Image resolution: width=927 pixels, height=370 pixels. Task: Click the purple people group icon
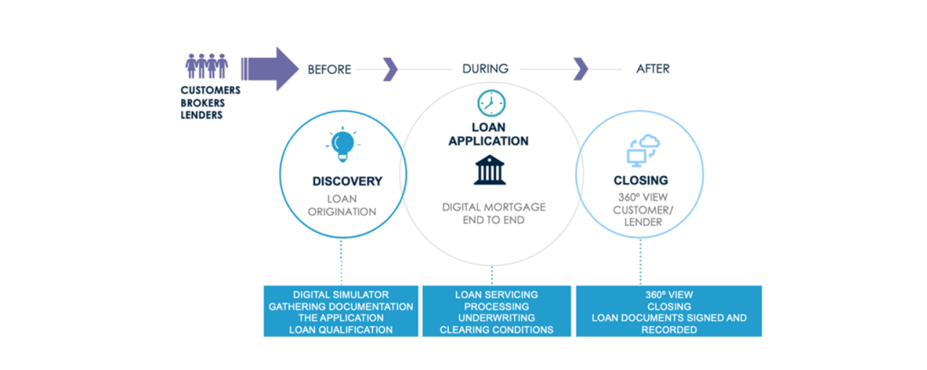[x=206, y=66]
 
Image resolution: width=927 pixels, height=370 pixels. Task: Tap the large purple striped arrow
[x=269, y=69]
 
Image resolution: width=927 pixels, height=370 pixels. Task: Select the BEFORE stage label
[x=330, y=70]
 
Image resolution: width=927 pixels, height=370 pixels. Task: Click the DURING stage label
[x=485, y=69]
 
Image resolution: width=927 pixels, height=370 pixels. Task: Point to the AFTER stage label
[x=653, y=69]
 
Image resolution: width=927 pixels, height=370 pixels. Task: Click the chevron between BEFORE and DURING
[x=390, y=69]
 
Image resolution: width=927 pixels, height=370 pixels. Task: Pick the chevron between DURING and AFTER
[x=581, y=69]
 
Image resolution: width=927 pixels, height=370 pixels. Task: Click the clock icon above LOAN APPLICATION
[x=490, y=104]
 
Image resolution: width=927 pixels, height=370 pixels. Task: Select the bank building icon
[x=490, y=170]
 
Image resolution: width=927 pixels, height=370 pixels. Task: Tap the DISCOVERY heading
[x=347, y=181]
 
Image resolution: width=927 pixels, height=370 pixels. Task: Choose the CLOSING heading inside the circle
[x=640, y=180]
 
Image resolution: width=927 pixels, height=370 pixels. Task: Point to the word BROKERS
[x=203, y=103]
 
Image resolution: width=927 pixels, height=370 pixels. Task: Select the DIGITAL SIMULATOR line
[x=340, y=295]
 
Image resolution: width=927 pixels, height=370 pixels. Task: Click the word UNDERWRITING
[x=496, y=318]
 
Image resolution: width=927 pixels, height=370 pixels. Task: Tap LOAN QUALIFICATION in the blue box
[x=340, y=329]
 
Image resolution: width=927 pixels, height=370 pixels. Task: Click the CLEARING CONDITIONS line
[x=496, y=329]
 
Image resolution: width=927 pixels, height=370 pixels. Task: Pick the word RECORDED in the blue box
[x=668, y=329]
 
